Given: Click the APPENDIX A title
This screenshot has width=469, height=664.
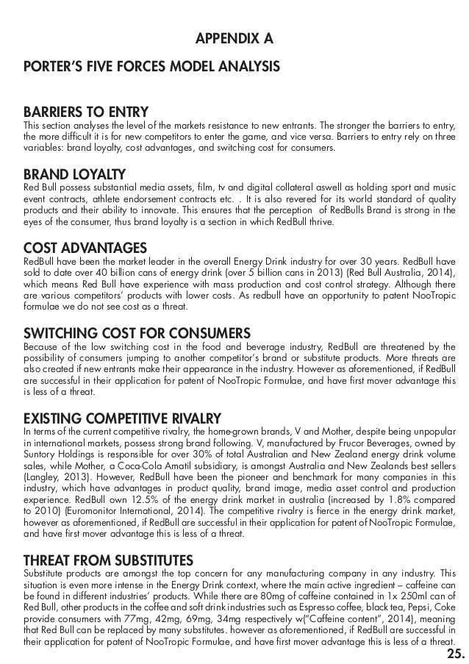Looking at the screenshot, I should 233,37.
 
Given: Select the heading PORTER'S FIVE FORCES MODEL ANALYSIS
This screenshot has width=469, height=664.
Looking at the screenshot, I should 151,68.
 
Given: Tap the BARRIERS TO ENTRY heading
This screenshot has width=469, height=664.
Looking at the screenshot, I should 86,113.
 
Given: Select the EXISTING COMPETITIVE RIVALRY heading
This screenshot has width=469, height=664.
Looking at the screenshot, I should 133,418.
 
